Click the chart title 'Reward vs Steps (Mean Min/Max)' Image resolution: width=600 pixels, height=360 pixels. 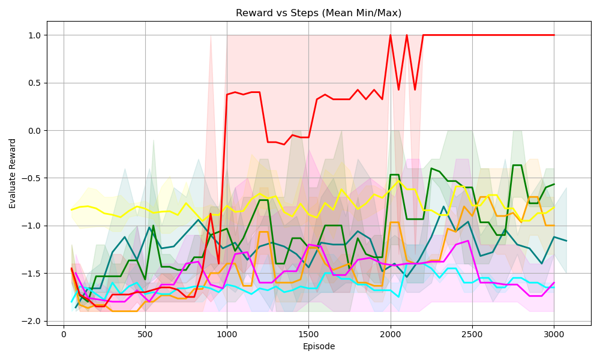[x=319, y=13]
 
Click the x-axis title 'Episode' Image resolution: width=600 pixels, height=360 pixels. [x=319, y=346]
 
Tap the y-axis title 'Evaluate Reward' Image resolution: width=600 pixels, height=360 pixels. [x=13, y=173]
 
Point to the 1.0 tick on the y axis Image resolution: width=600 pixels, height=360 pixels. [x=34, y=35]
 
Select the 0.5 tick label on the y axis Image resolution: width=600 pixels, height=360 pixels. [x=34, y=83]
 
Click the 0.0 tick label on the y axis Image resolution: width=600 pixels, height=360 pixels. [x=34, y=131]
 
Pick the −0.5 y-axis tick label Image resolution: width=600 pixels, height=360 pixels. [x=32, y=178]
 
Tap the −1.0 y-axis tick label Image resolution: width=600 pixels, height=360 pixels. [x=32, y=226]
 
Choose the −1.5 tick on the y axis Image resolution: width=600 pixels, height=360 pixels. [x=32, y=274]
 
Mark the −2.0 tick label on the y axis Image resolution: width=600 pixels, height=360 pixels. [x=32, y=321]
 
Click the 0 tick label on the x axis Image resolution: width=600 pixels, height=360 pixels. [x=64, y=335]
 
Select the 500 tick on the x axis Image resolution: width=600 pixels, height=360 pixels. [x=145, y=335]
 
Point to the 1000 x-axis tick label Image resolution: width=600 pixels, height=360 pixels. [x=227, y=335]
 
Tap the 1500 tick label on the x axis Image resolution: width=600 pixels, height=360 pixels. [x=308, y=335]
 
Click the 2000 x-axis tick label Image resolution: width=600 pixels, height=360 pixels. [x=390, y=335]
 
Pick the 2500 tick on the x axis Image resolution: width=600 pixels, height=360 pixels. [x=472, y=335]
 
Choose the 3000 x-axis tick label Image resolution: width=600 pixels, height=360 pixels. [x=554, y=335]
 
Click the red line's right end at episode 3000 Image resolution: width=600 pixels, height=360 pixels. [x=554, y=35]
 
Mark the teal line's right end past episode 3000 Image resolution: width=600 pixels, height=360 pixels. [x=566, y=241]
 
